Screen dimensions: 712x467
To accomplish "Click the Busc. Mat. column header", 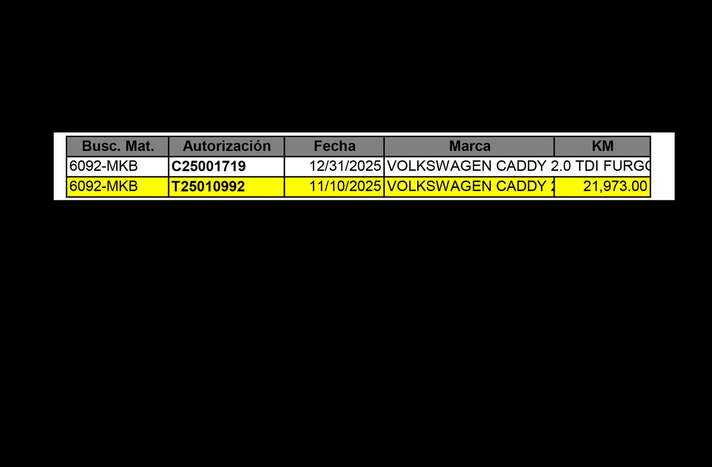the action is [x=118, y=146].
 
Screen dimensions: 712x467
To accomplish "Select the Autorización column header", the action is [x=227, y=146].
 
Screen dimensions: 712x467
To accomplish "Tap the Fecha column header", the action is [x=334, y=146].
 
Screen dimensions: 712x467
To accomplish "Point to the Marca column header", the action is [x=469, y=146].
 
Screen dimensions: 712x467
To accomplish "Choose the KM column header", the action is [x=603, y=146].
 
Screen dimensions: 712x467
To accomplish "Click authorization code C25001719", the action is [x=208, y=166].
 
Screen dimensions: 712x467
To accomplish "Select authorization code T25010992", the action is [x=208, y=186].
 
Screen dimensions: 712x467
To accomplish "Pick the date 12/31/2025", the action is [x=345, y=166].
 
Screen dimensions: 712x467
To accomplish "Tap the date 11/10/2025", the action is [x=345, y=186].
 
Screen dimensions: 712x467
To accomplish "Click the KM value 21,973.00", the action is [x=615, y=186].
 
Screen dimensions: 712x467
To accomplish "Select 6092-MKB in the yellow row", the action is [x=103, y=186].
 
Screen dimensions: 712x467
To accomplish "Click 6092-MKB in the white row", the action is [x=103, y=166].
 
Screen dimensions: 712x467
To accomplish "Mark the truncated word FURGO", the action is [x=627, y=166].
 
